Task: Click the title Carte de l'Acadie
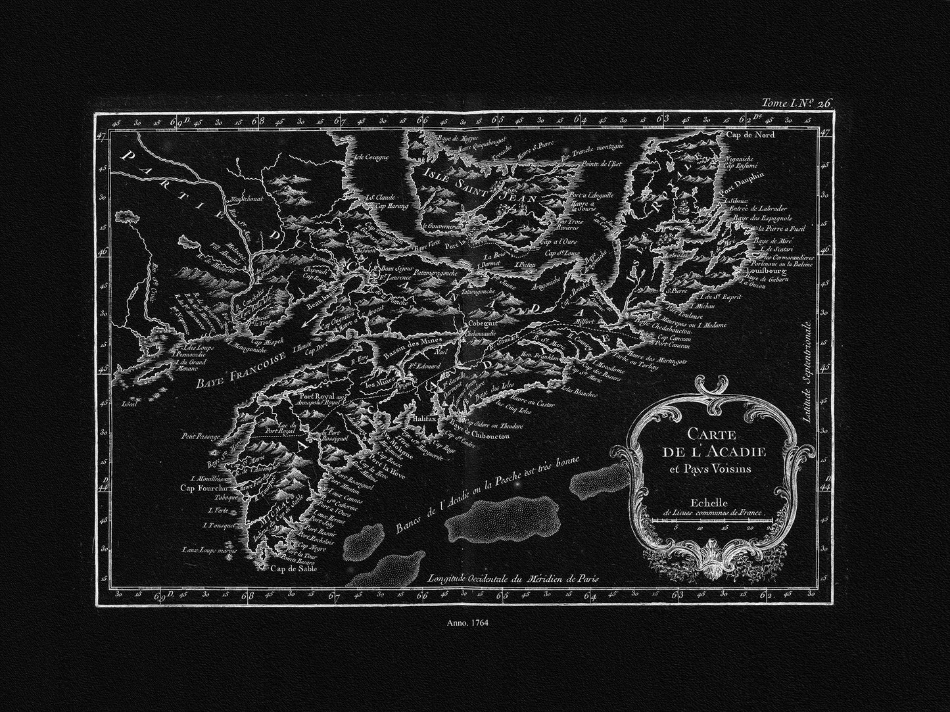click(711, 444)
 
